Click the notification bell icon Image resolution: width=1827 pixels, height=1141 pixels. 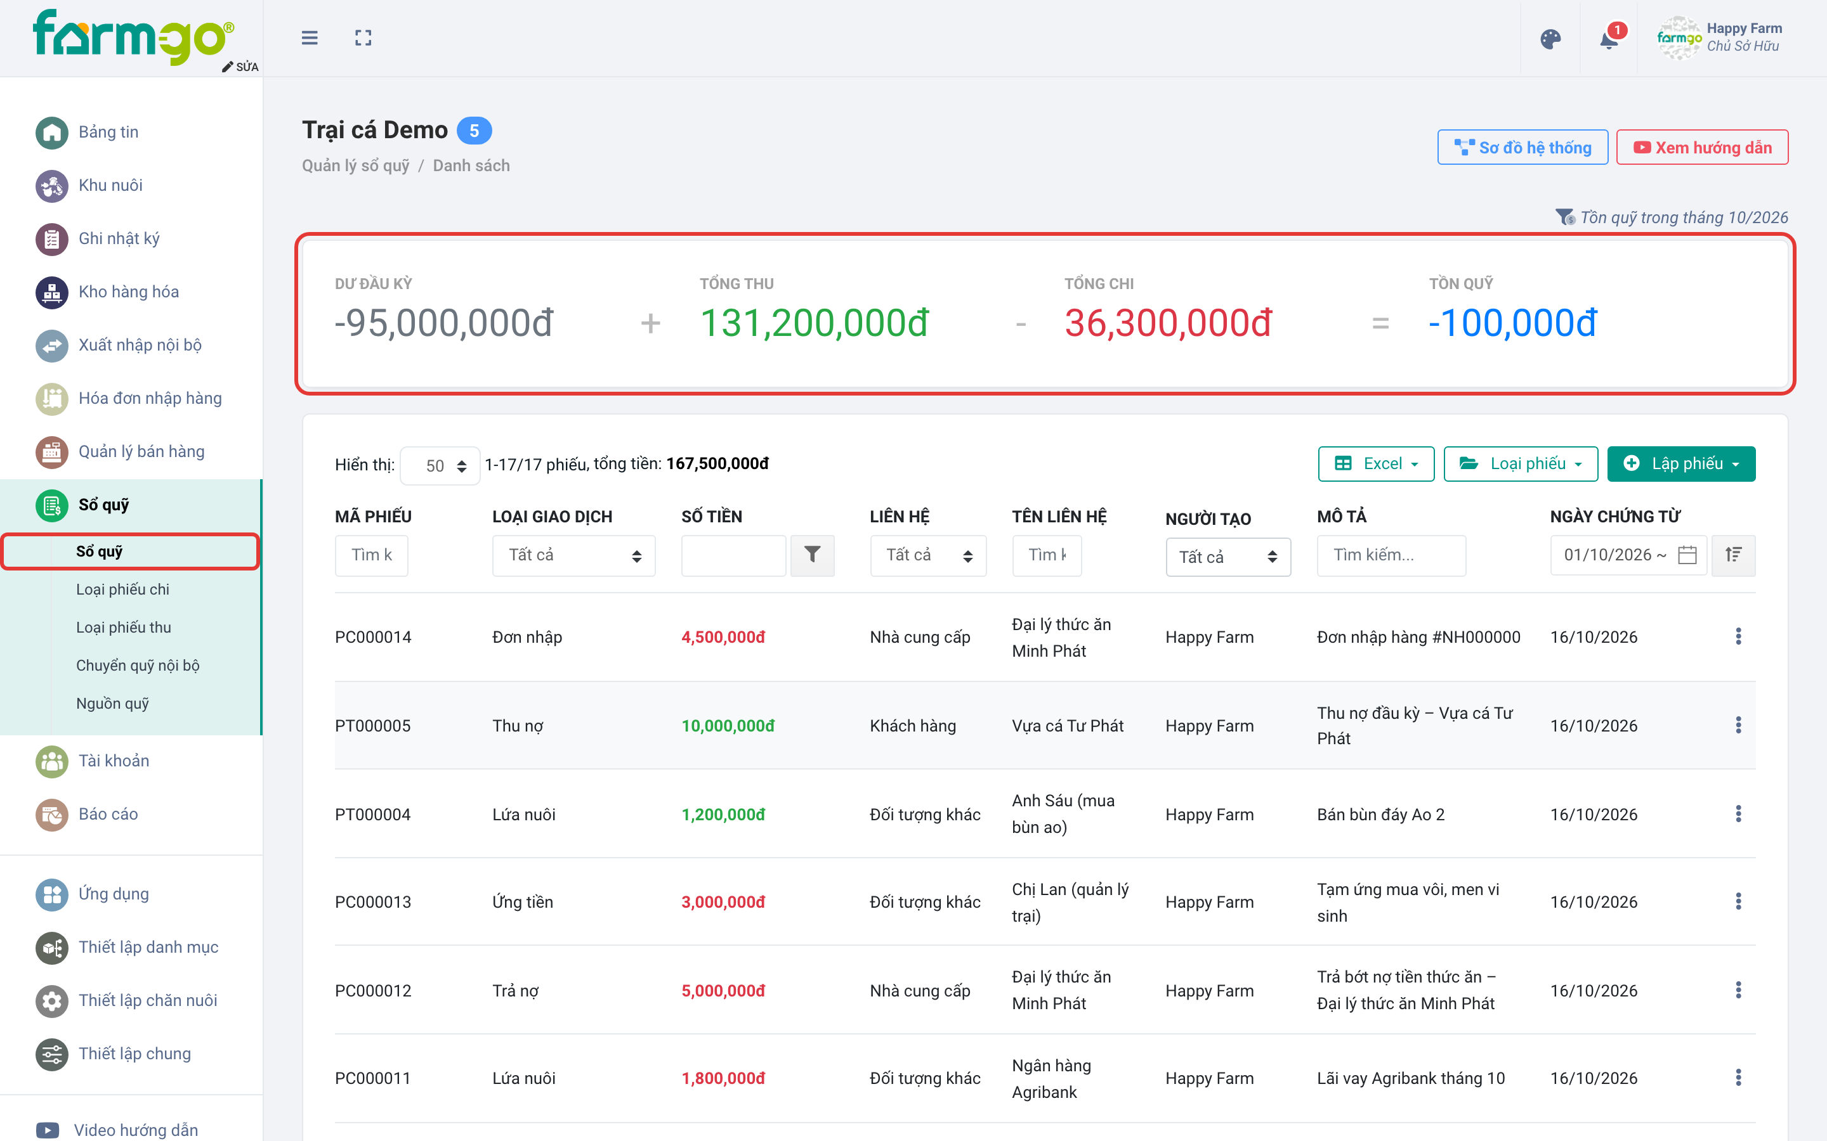[1609, 39]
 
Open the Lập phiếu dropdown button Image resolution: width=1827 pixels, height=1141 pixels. [1680, 463]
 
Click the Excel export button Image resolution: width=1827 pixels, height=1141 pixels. [1375, 463]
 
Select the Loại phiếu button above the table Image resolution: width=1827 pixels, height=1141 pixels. [1521, 463]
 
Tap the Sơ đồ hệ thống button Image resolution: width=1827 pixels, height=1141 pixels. [1522, 147]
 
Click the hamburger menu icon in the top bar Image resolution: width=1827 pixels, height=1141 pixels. [310, 38]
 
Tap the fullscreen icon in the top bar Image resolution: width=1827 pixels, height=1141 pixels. [363, 38]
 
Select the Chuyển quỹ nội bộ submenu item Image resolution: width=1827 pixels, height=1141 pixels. [138, 665]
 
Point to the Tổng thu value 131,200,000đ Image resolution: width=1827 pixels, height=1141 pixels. [814, 323]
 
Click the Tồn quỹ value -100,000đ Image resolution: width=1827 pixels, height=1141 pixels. [1512, 323]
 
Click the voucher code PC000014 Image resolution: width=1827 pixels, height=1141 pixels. [373, 637]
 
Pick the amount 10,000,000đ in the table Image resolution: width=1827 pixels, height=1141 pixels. [728, 725]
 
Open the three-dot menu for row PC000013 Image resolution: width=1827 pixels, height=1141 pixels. [1738, 902]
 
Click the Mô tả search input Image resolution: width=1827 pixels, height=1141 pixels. [1391, 555]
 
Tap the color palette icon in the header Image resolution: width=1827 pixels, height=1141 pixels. [1550, 39]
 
